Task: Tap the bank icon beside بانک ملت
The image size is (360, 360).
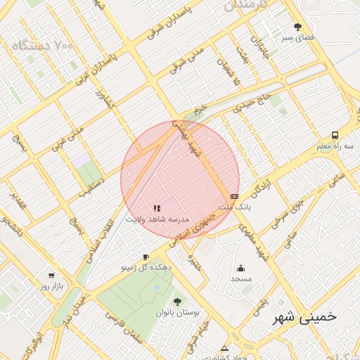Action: (x=234, y=196)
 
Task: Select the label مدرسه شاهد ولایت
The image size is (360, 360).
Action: (x=157, y=219)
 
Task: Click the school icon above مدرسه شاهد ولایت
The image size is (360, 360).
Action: (x=157, y=208)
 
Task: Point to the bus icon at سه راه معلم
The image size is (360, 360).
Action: (x=335, y=134)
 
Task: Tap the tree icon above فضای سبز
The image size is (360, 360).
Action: (x=297, y=27)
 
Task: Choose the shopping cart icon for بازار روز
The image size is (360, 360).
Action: (x=51, y=276)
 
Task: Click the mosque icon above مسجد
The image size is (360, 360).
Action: (x=241, y=268)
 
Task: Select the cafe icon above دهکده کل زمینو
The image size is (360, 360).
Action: (x=146, y=257)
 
